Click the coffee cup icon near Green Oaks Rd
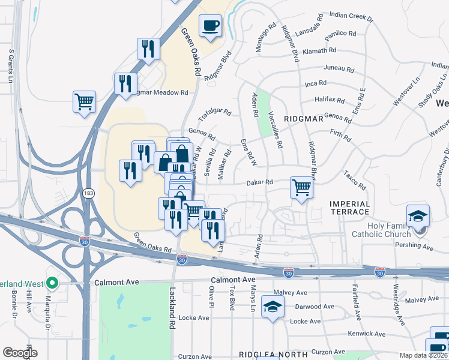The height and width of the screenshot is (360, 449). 210,26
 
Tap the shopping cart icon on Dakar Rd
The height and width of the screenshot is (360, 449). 301,187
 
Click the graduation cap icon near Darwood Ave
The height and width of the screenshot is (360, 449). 273,307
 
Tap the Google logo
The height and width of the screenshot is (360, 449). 20,353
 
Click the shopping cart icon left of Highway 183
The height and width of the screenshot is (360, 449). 84,101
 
